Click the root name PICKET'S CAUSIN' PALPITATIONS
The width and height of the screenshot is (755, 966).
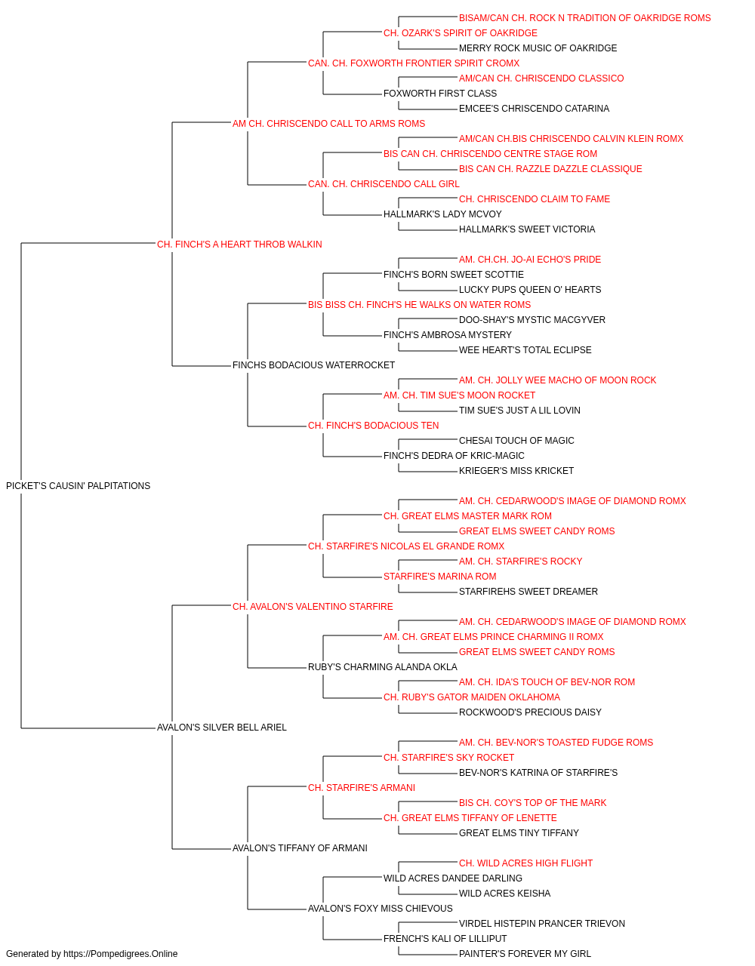tap(79, 486)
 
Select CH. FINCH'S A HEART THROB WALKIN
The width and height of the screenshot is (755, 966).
tap(239, 245)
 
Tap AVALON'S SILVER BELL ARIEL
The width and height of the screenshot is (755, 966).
tap(222, 728)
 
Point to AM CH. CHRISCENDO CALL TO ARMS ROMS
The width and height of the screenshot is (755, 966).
tap(328, 124)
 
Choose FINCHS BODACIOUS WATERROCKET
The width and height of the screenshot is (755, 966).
tap(313, 365)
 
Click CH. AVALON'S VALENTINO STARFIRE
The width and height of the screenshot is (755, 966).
tap(313, 607)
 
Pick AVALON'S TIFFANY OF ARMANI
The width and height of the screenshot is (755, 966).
tap(300, 848)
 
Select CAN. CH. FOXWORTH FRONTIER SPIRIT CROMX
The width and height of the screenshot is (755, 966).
tap(414, 63)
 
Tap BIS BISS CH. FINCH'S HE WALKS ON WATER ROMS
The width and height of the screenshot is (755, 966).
tap(419, 305)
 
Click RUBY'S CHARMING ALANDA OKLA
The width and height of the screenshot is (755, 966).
tap(382, 667)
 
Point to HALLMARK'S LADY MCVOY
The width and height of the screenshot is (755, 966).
tap(442, 214)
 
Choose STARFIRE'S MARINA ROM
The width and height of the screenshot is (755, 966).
tap(439, 577)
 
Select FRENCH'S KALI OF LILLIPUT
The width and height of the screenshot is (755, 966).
tap(445, 939)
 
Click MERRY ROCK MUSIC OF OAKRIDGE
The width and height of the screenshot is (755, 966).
tap(538, 48)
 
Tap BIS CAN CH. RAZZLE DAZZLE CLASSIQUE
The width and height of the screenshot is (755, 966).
tap(550, 169)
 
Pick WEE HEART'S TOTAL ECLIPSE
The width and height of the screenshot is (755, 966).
tap(525, 350)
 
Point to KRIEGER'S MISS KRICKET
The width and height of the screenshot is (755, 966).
tap(516, 471)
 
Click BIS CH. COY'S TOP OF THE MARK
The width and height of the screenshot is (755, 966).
tap(533, 803)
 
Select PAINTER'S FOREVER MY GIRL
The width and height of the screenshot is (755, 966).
tap(525, 954)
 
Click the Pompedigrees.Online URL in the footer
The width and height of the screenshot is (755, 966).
tap(121, 954)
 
